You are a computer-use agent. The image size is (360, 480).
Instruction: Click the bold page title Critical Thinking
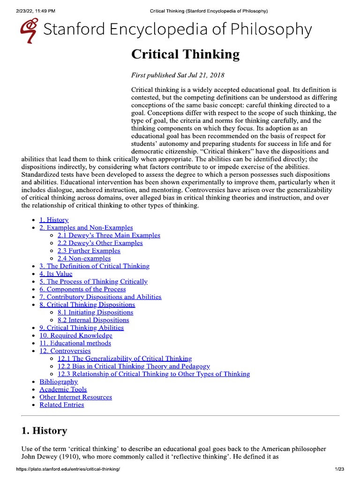click(x=185, y=55)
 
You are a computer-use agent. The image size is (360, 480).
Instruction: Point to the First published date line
click(x=178, y=75)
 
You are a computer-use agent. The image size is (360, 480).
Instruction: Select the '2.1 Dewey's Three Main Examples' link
click(x=109, y=235)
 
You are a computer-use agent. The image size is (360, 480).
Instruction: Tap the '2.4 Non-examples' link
click(x=84, y=258)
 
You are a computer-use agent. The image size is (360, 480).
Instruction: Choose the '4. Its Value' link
click(x=56, y=274)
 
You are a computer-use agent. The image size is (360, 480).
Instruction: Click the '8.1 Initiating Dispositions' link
click(x=95, y=312)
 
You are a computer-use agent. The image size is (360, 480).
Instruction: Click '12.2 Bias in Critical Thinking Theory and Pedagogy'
click(x=134, y=366)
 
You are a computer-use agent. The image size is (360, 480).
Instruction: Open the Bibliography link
click(x=59, y=382)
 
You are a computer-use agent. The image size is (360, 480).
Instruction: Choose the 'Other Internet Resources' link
click(x=75, y=397)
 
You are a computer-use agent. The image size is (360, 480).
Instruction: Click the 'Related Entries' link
click(x=62, y=405)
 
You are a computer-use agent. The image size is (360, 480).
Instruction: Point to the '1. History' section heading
click(x=45, y=430)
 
